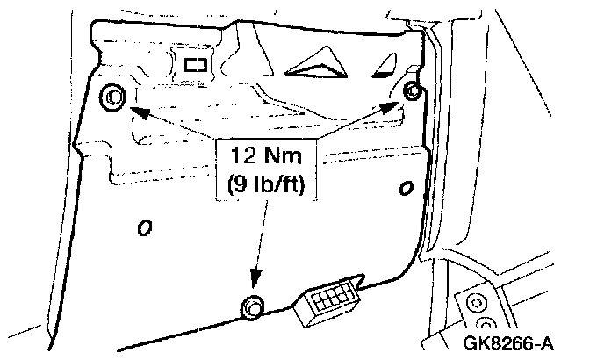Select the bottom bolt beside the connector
(253, 306)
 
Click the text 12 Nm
(263, 158)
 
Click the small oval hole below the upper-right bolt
(405, 187)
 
